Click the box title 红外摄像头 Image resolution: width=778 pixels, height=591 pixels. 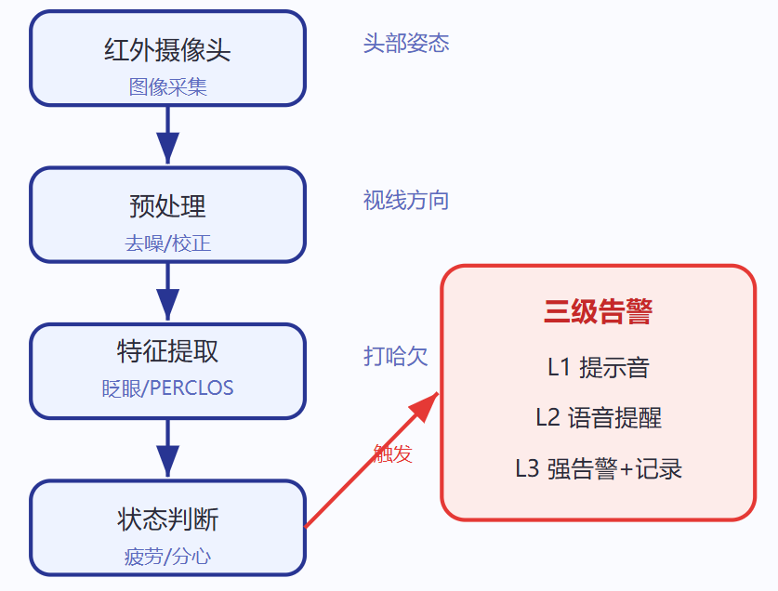point(167,49)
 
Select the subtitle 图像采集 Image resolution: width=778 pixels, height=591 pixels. point(167,86)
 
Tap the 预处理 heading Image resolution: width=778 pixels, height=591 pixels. point(167,206)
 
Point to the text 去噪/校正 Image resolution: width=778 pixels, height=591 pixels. point(167,243)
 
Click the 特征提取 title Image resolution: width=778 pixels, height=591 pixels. point(167,351)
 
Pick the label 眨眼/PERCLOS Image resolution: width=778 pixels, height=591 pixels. point(167,388)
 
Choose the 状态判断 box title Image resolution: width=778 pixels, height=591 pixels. point(167,519)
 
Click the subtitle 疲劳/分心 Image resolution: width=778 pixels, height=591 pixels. point(167,557)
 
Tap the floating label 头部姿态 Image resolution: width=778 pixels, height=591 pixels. point(406,43)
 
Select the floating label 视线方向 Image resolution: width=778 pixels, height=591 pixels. point(406,201)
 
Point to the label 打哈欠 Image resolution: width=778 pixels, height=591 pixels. point(395,356)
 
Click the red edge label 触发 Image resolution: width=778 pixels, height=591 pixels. point(392,453)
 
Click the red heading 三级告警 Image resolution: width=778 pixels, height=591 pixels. point(598,311)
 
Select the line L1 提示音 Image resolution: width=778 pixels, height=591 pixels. point(598,368)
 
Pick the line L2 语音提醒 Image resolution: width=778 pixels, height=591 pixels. point(598,418)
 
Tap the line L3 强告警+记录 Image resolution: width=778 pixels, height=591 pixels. point(598,469)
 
